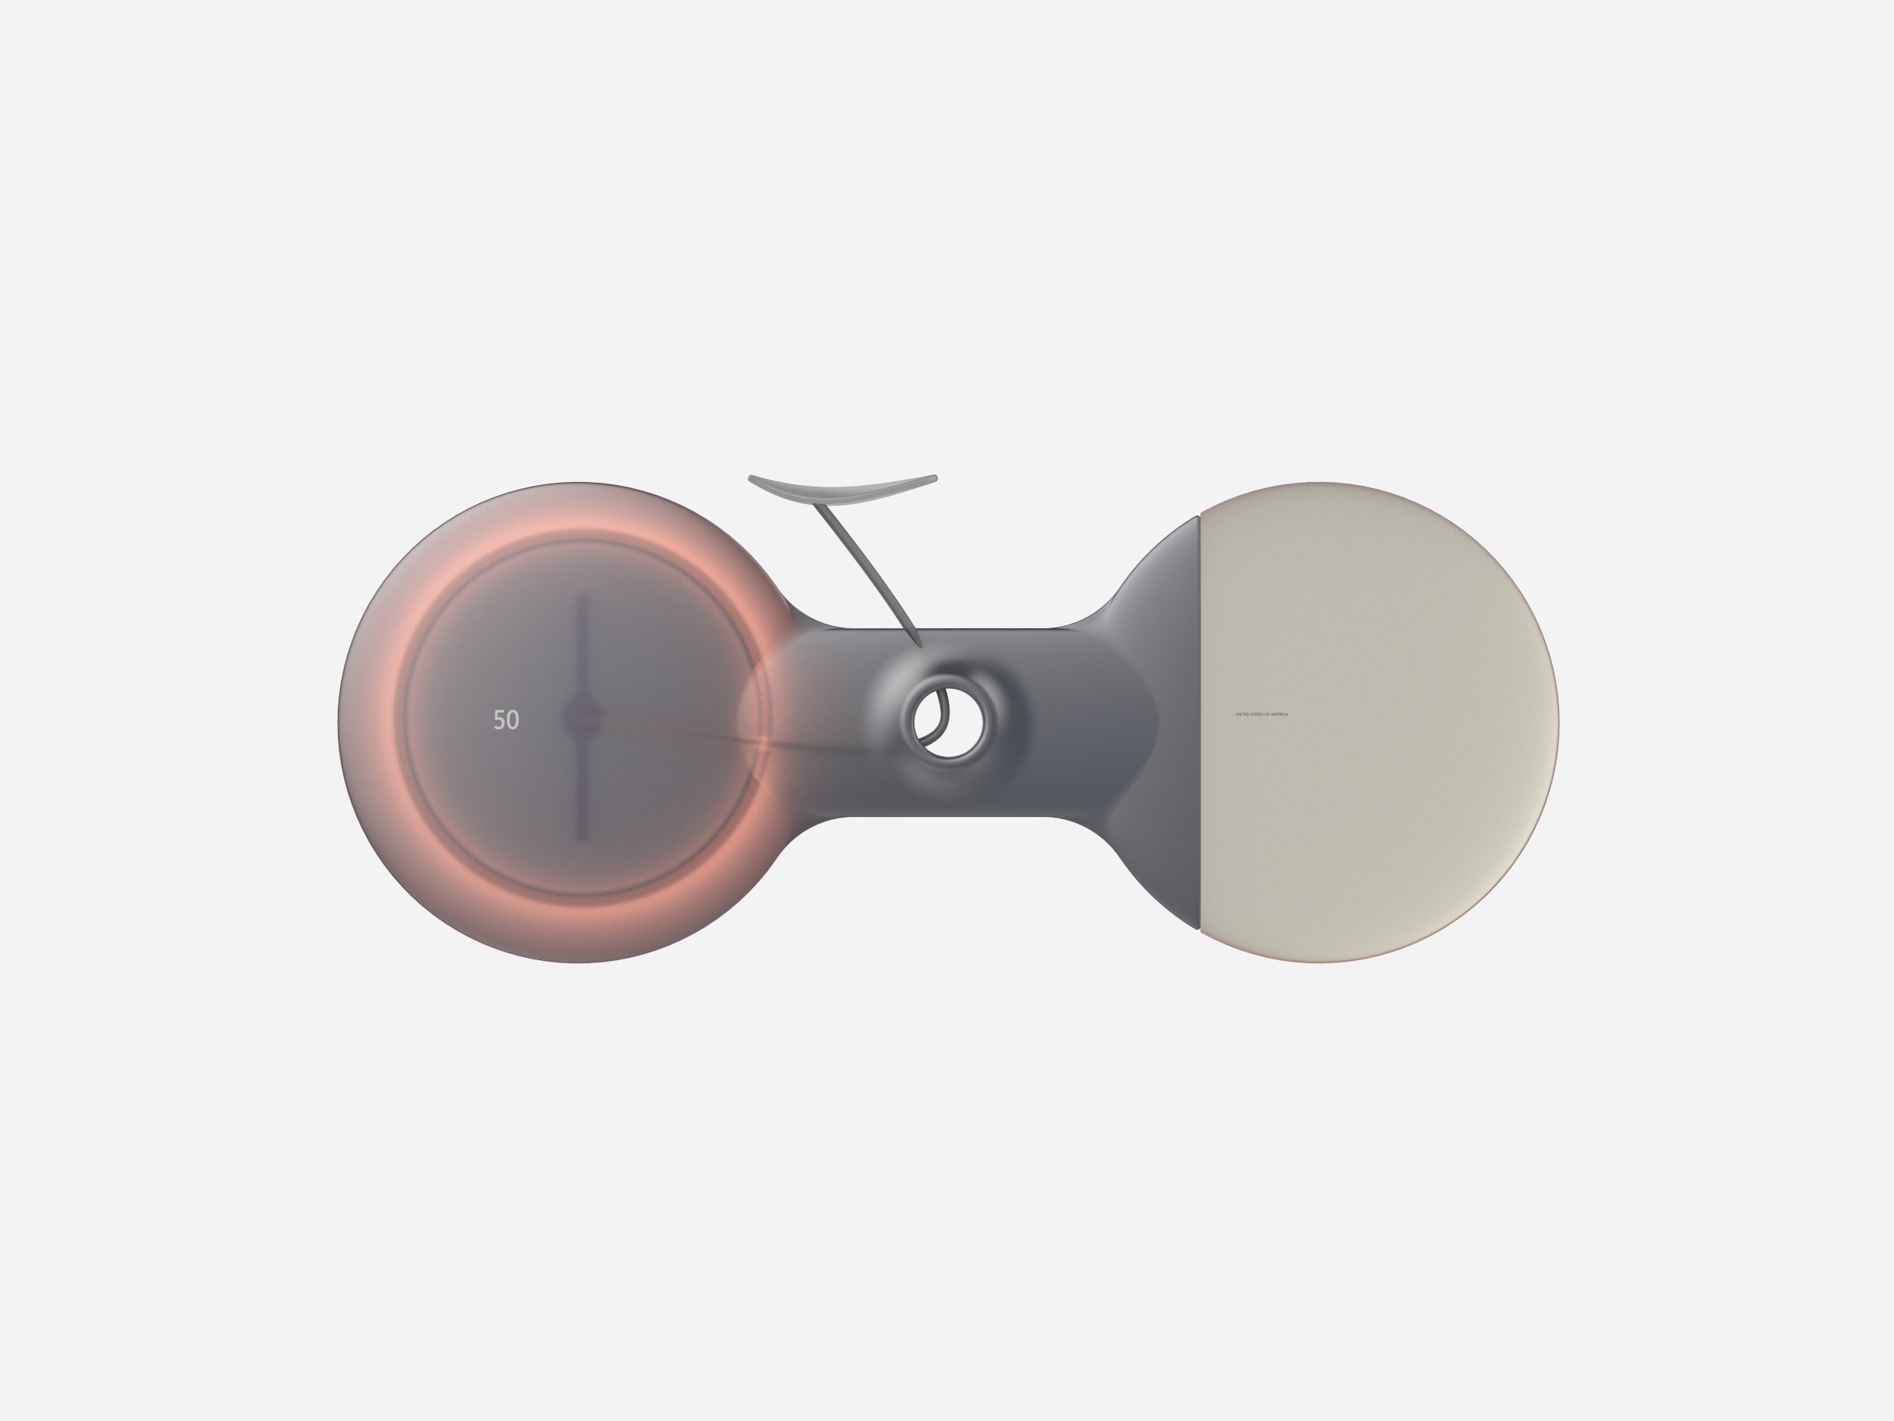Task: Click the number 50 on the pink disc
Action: tap(506, 719)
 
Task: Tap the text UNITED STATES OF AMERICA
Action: tap(1261, 715)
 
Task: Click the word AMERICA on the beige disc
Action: tap(1280, 715)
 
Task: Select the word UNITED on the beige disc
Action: tap(1243, 715)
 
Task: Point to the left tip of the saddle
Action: tap(752, 478)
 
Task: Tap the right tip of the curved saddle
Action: tap(934, 478)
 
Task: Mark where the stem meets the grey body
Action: tap(919, 643)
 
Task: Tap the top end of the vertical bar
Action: tap(583, 597)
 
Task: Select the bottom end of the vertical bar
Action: tap(583, 836)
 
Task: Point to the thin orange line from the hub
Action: tap(677, 732)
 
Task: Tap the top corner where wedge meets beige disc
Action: tap(1198, 517)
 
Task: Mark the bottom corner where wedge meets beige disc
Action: tap(1198, 928)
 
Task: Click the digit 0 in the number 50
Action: tap(513, 719)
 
